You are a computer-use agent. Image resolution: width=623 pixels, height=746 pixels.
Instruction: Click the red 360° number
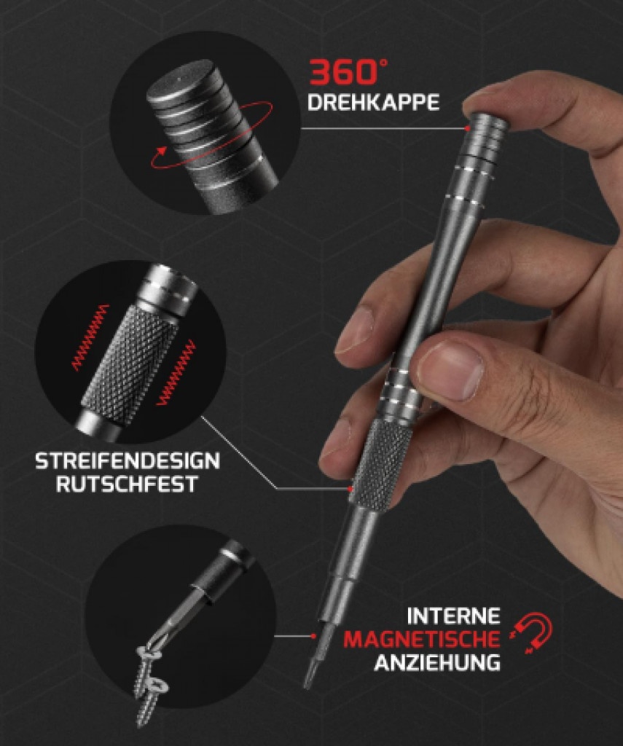pyautogui.click(x=348, y=71)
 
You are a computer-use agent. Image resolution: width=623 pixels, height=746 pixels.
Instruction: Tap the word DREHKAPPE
pyautogui.click(x=374, y=102)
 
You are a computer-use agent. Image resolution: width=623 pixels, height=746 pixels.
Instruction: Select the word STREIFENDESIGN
pyautogui.click(x=128, y=461)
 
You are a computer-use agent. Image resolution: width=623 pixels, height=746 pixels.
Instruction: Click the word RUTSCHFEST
pyautogui.click(x=127, y=484)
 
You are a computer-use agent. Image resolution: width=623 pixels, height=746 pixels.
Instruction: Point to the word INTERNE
pyautogui.click(x=453, y=616)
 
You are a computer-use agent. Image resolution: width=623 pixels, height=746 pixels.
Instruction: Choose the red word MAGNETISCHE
pyautogui.click(x=422, y=639)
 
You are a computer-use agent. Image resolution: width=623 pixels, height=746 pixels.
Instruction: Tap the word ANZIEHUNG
pyautogui.click(x=437, y=662)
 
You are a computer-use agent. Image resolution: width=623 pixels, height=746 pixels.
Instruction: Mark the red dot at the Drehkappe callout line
pyautogui.click(x=467, y=128)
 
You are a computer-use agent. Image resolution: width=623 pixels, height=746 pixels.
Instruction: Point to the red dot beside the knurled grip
pyautogui.click(x=350, y=489)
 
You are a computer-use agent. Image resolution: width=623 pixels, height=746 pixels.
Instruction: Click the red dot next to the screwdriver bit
pyautogui.click(x=313, y=635)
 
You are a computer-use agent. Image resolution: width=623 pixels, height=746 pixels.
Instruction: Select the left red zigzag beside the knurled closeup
pyautogui.click(x=90, y=337)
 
